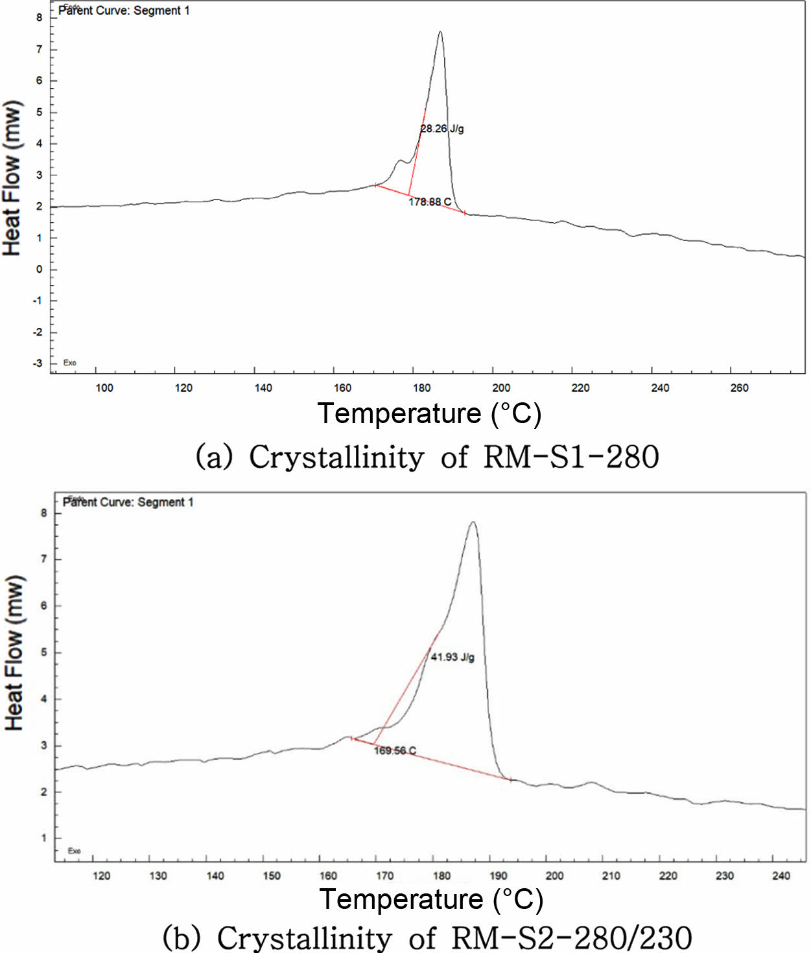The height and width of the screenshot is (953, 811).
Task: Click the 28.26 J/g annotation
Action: coord(442,129)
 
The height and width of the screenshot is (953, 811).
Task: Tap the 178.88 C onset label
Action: coord(430,202)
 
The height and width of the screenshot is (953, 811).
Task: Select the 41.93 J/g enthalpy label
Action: coord(453,657)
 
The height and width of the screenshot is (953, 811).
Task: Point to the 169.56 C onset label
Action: coord(395,751)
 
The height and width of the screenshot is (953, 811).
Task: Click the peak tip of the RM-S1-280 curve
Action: coord(440,32)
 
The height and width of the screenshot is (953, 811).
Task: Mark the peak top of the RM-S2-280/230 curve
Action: coord(473,522)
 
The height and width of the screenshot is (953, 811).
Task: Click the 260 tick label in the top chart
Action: coord(739,388)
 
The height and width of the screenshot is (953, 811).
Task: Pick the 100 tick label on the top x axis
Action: coord(104,388)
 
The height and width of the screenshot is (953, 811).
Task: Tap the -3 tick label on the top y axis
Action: coord(38,363)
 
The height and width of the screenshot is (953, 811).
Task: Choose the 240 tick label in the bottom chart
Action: coord(781,876)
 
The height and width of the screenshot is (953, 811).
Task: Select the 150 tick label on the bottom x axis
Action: coord(272,876)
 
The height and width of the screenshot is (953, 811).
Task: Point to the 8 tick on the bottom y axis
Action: coord(44,513)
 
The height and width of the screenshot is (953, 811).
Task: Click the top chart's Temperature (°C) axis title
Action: coord(429,413)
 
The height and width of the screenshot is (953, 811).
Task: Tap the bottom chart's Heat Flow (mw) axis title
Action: coord(14,653)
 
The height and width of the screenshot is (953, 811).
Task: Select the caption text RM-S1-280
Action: coord(571,457)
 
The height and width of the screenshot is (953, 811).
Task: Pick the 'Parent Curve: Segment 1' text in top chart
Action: coord(124,10)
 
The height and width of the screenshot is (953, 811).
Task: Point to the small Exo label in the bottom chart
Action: coord(74,851)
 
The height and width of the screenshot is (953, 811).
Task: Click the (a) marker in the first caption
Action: coord(213,457)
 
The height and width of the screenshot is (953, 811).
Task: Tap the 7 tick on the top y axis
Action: coord(40,49)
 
